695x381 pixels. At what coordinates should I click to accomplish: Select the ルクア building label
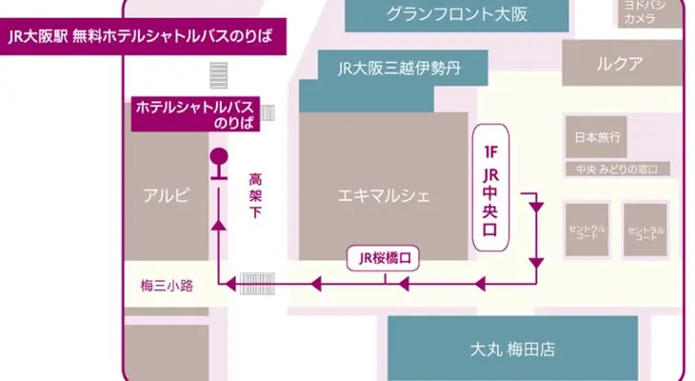pos(620,65)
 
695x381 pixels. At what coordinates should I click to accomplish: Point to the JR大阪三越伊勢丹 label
pos(399,69)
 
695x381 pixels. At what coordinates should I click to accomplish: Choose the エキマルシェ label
pos(385,196)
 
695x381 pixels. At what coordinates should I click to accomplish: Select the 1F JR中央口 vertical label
pos(492,187)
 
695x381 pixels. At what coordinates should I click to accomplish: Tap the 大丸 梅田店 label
pos(513,349)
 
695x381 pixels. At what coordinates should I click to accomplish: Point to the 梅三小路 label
pos(161,285)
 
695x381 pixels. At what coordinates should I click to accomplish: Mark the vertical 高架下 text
pos(254,196)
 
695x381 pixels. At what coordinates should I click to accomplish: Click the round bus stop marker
pos(219,157)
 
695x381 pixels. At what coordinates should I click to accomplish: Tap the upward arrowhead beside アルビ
pos(219,225)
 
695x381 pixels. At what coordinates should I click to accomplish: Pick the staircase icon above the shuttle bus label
pos(220,75)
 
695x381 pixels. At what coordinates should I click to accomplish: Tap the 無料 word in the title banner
pos(89,37)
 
